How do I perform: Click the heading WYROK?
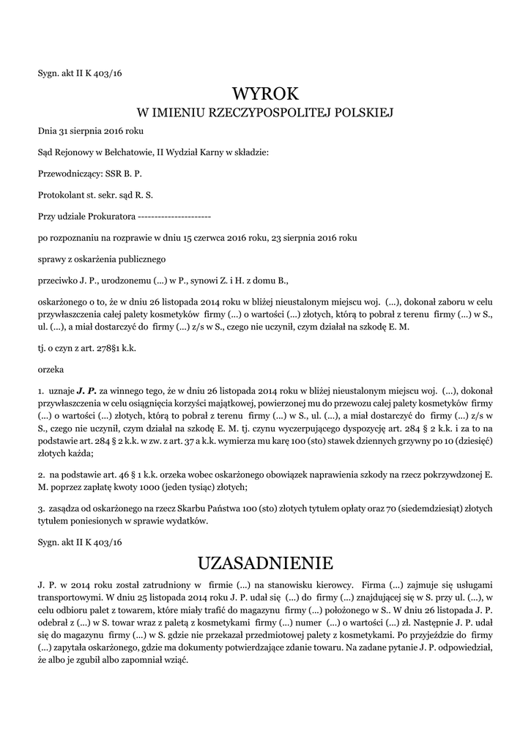[265, 94]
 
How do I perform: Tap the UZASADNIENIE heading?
[265, 563]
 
